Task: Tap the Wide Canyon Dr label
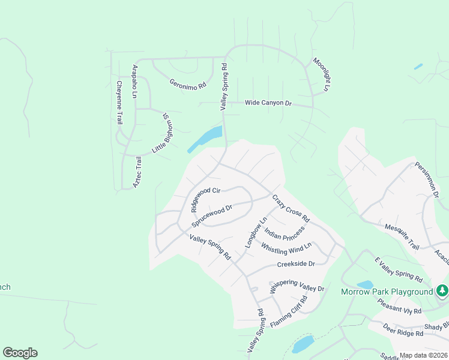[268, 103]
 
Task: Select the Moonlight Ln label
[321, 74]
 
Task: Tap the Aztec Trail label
[137, 173]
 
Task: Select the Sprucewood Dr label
[212, 217]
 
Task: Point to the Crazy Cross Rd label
[291, 208]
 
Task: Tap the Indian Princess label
[285, 232]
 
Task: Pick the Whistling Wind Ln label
[286, 247]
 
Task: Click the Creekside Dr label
[296, 264]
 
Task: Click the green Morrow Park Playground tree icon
[442, 290]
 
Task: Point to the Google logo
[20, 353]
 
